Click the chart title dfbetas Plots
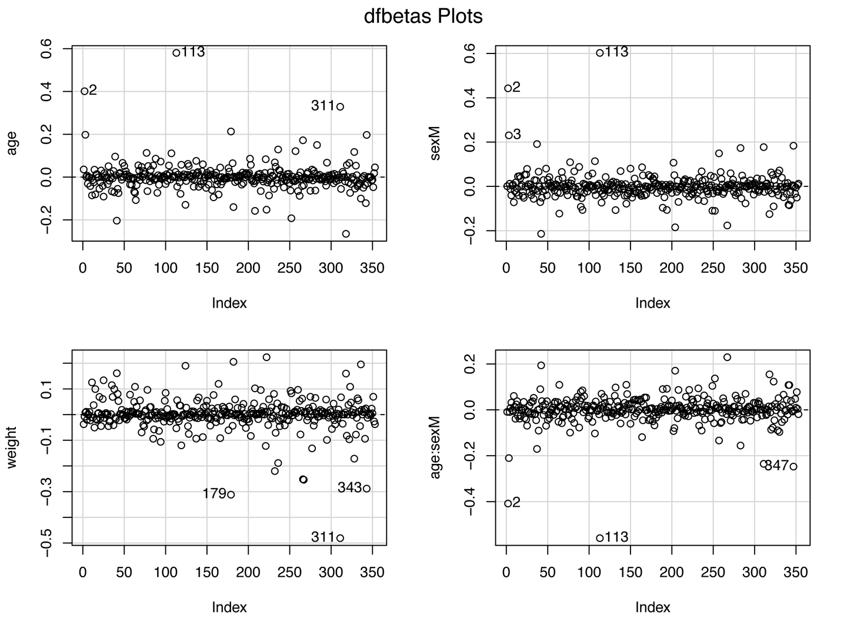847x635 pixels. [423, 16]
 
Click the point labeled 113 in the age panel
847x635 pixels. [176, 53]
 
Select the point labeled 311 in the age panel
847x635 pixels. [340, 106]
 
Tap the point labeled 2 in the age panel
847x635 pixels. [84, 91]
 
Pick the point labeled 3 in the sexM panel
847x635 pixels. [509, 135]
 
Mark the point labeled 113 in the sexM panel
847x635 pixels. [599, 53]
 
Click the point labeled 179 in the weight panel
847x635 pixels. [231, 494]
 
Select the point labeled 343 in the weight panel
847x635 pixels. [366, 489]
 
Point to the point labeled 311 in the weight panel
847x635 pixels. [340, 537]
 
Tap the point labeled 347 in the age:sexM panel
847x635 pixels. [793, 466]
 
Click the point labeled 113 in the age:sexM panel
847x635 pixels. [599, 538]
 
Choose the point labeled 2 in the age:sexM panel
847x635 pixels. [508, 503]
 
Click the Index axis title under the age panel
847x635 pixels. [229, 303]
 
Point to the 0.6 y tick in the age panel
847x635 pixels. [46, 49]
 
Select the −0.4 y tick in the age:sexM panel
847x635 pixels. [470, 502]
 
